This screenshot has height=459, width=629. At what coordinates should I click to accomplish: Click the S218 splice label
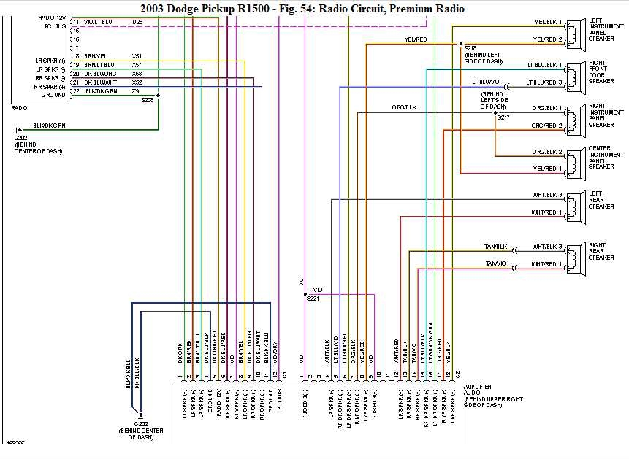point(470,48)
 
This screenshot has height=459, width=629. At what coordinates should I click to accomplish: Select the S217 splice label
point(504,117)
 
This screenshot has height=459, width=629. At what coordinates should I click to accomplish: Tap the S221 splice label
point(313,298)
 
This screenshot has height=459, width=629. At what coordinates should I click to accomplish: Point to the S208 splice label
point(148,100)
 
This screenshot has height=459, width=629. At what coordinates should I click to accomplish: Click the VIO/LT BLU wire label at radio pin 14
point(98,23)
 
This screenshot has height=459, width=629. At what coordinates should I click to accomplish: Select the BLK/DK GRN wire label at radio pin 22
point(101,91)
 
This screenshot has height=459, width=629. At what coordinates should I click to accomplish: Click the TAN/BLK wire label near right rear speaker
point(495,247)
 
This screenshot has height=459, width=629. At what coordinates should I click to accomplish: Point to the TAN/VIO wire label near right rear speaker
point(495,263)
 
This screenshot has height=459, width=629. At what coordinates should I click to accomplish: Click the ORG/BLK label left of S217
point(403,108)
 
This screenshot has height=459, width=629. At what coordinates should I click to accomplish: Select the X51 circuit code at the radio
point(137,56)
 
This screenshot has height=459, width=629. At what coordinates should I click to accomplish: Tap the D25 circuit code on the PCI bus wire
point(137,23)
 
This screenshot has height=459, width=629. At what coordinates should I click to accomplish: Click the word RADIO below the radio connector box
point(19,108)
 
